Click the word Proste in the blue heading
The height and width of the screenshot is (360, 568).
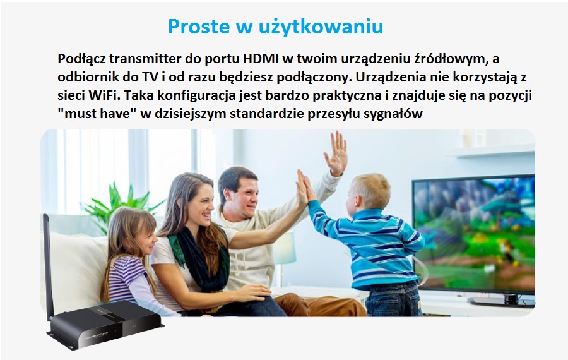[x=199, y=26]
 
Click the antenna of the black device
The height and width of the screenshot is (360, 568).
[x=48, y=267]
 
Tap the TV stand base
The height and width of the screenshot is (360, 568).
[x=502, y=301]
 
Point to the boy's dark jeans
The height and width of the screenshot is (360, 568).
[x=393, y=299]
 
